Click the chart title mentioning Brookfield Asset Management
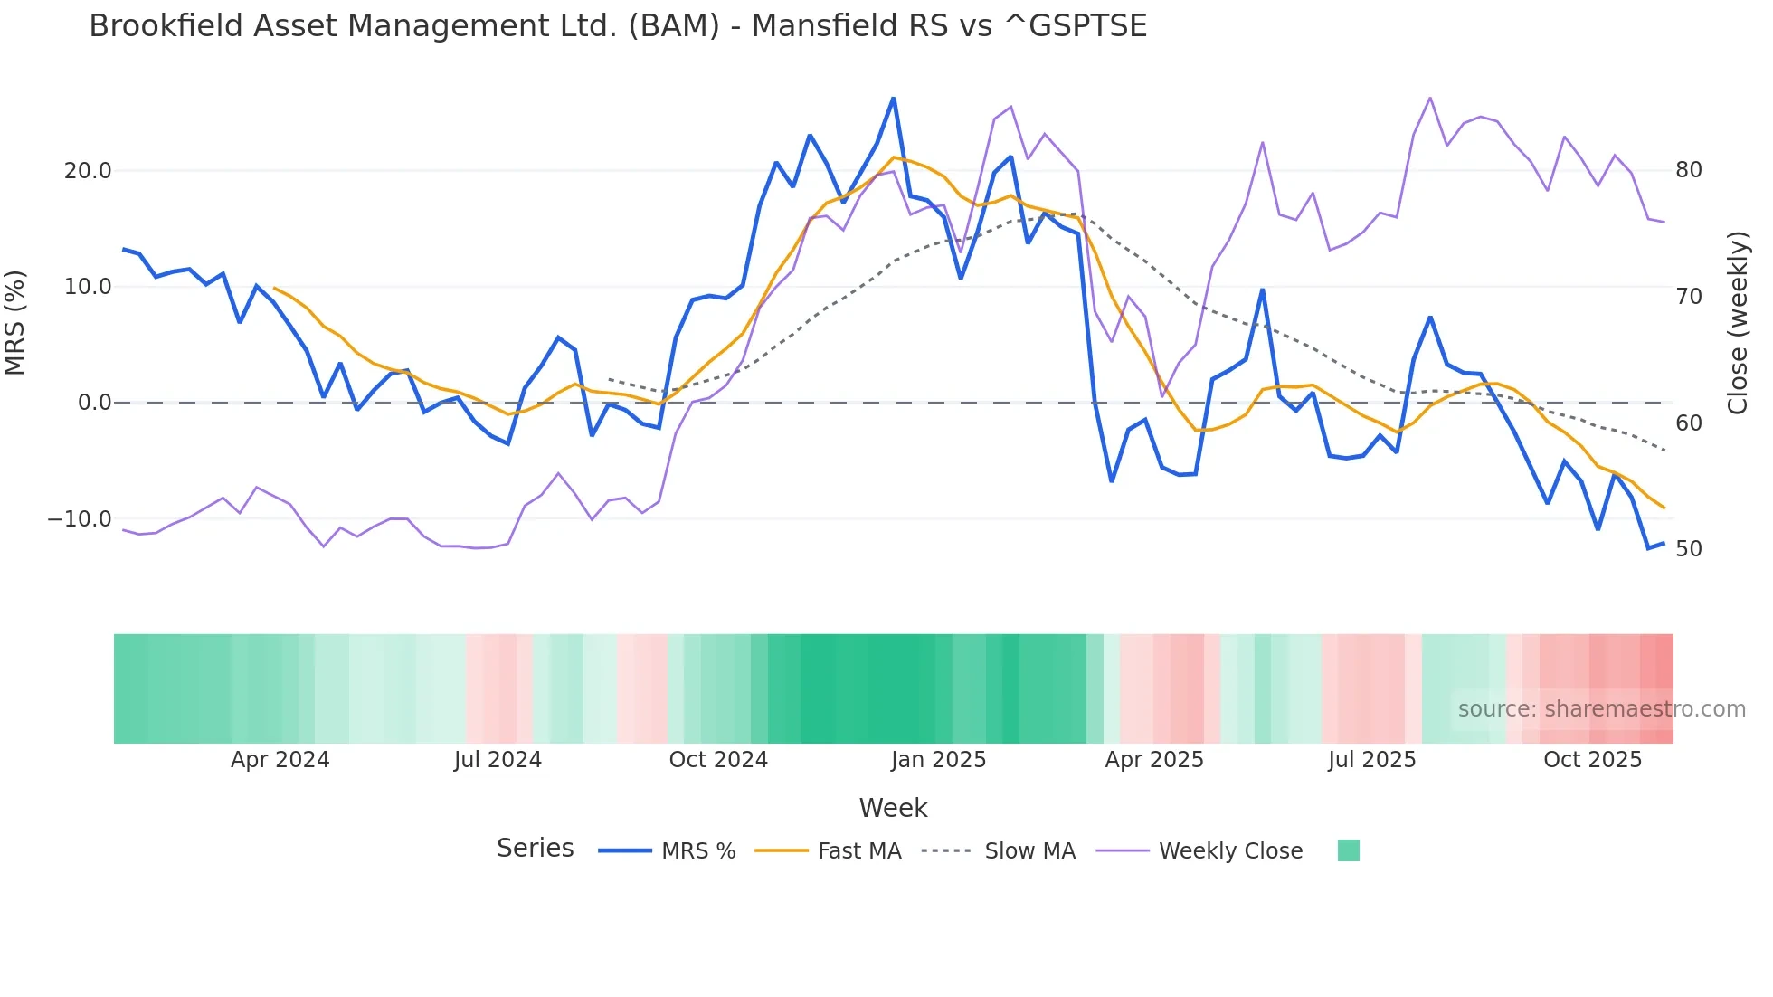point(618,26)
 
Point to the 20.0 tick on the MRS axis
point(88,171)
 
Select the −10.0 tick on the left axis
point(80,519)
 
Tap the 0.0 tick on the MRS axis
point(94,403)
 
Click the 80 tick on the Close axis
point(1688,170)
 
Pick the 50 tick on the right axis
point(1688,549)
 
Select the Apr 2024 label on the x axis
point(280,760)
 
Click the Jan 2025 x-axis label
point(938,760)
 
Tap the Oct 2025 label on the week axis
point(1592,760)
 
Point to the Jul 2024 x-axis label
point(498,760)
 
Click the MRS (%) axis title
point(15,323)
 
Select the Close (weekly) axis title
point(1738,323)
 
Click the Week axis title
point(893,808)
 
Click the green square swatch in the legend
point(1348,850)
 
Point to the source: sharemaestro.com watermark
point(1601,709)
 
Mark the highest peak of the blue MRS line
point(894,98)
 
